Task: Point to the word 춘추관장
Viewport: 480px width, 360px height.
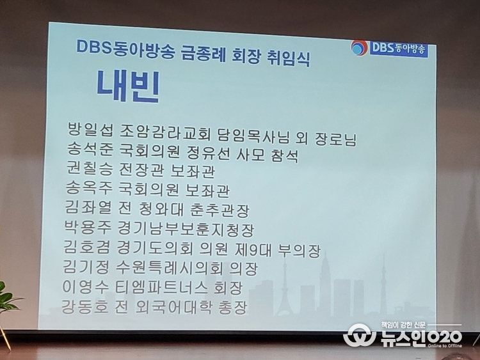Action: [220, 210]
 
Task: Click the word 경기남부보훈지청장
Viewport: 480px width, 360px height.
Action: [186, 229]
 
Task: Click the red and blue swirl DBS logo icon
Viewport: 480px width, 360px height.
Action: [360, 48]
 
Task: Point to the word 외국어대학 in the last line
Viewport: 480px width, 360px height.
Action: [173, 307]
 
